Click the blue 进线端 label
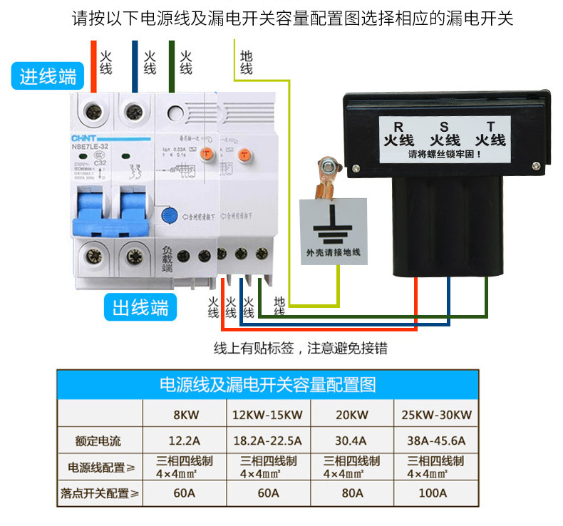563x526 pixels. click(48, 76)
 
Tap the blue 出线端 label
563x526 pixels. click(141, 308)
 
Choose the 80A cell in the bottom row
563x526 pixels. click(351, 493)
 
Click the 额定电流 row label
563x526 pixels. click(100, 440)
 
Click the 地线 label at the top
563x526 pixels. click(247, 63)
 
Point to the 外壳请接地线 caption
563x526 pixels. click(333, 252)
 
